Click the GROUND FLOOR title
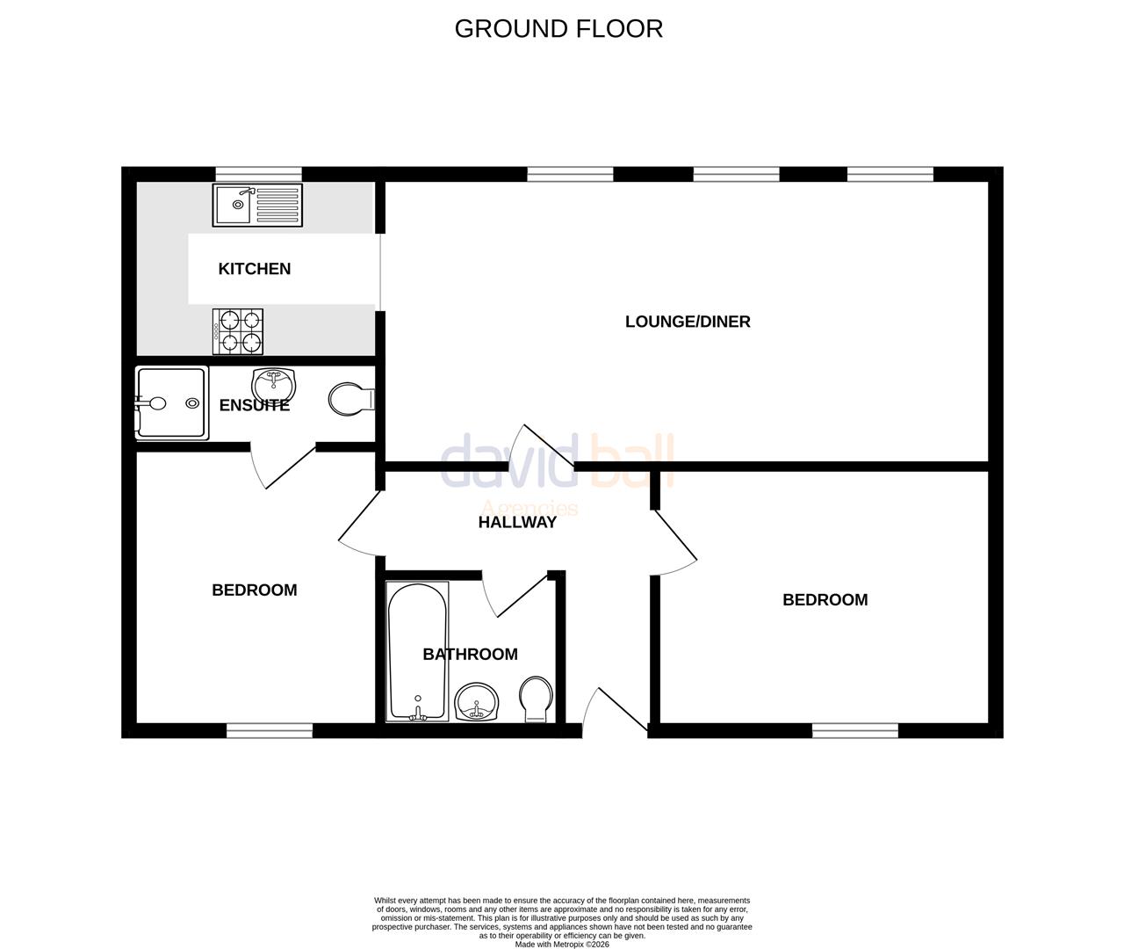coord(558,29)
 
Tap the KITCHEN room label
coord(254,269)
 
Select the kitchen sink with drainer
coord(256,205)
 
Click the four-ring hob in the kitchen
coord(238,331)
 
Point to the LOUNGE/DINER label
coord(688,322)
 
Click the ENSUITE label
coord(254,405)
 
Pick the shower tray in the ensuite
coord(171,403)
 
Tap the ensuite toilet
coord(350,400)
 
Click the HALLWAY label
coord(517,522)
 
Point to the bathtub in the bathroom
coord(417,650)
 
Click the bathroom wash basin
coord(477,702)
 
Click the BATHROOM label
coord(470,655)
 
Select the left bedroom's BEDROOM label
coord(255,590)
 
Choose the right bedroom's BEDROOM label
coord(825,600)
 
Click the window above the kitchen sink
coord(258,173)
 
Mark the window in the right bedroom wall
coord(854,730)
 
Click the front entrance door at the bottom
coord(615,712)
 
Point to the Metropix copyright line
coord(561,945)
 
